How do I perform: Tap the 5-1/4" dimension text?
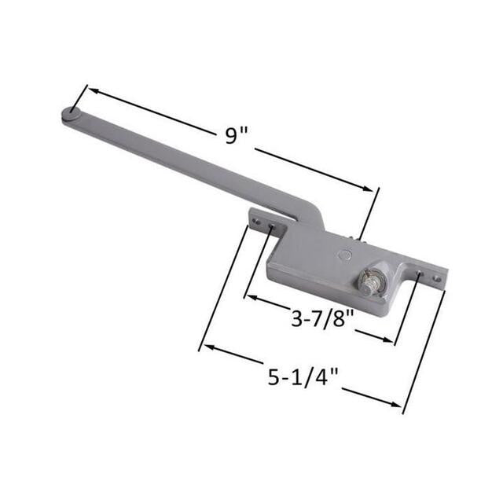coord(303,377)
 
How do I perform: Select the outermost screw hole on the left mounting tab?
coord(255,222)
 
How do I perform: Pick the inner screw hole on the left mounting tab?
coord(271,228)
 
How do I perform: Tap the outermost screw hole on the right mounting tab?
coord(436,279)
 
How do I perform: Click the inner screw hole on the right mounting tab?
coord(418,274)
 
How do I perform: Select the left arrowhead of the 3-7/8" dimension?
coord(250,297)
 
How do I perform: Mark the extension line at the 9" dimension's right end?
coord(369,212)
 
